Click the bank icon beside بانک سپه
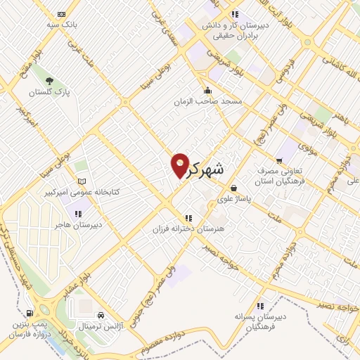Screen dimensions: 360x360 click(61, 14)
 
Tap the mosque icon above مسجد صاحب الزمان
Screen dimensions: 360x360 click(207, 91)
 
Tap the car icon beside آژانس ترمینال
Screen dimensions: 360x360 click(103, 314)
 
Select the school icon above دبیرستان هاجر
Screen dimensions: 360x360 click(78, 213)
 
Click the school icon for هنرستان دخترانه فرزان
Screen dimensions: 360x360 click(188, 218)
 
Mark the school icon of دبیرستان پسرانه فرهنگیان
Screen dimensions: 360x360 click(261, 306)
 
